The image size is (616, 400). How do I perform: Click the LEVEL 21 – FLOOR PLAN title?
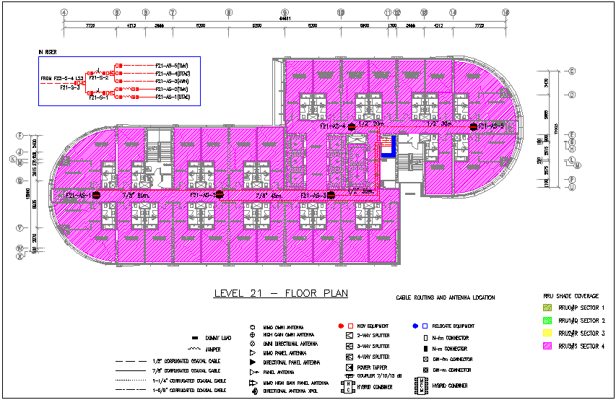click(281, 294)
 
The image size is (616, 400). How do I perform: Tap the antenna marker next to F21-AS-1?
click(95, 195)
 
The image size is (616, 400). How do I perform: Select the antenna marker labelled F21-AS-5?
click(472, 126)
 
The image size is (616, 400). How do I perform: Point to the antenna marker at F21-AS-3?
click(331, 195)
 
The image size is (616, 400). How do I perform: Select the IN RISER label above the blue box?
click(48, 52)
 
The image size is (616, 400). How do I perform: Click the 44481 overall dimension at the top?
click(285, 19)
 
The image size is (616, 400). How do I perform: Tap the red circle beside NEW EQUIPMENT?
click(340, 326)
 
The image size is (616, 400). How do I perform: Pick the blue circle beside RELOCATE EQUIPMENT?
click(416, 326)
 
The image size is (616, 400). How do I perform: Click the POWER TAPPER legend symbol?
click(350, 367)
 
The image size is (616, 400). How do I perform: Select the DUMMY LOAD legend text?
click(217, 339)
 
